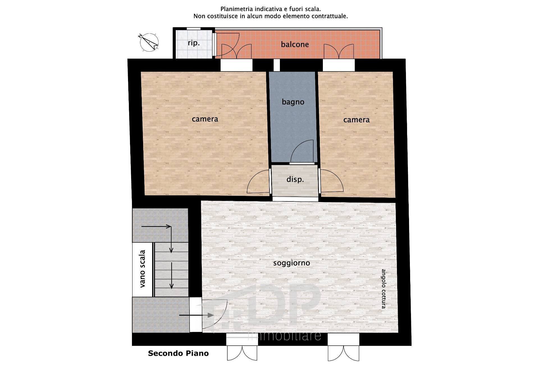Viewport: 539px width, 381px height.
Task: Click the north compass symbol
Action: pos(149,42)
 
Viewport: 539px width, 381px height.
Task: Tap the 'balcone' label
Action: pos(295,44)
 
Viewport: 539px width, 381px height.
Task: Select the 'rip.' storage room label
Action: pos(194,43)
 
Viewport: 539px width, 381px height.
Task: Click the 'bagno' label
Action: pos(293,102)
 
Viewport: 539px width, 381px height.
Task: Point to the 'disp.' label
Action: pos(295,179)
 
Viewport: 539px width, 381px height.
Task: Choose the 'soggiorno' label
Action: pos(292,263)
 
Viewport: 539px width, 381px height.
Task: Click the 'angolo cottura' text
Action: pos(383,289)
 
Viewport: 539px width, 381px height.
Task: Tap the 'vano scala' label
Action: pos(143,268)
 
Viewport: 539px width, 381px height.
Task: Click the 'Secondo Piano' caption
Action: pos(178,353)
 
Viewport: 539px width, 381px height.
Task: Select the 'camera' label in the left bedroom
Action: pos(205,119)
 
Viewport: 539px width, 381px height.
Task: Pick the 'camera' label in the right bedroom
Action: pos(356,120)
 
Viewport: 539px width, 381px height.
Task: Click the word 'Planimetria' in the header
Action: pos(237,9)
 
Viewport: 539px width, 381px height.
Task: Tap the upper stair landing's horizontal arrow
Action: pos(156,226)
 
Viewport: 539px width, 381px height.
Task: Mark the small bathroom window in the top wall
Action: pos(277,65)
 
